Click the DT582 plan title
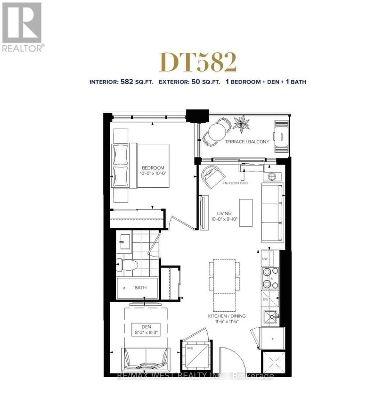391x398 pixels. [x=198, y=62]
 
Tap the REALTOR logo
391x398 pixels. [x=23, y=26]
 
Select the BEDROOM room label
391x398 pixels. [x=153, y=168]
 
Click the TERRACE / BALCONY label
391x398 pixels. [x=251, y=141]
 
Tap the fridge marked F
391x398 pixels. [x=273, y=338]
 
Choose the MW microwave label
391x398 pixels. [x=265, y=258]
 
